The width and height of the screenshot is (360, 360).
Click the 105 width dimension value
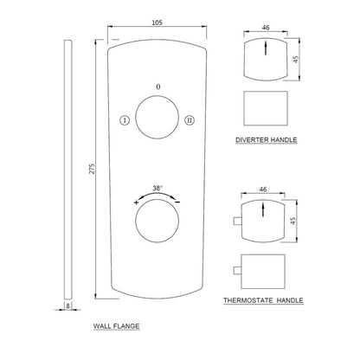[157, 22]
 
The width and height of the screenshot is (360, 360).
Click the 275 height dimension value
[92, 169]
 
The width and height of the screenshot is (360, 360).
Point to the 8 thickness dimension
[67, 305]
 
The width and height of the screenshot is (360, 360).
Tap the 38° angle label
[157, 188]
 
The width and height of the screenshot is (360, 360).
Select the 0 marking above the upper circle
[157, 87]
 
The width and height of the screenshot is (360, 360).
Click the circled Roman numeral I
[125, 120]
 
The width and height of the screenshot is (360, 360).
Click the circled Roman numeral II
[190, 120]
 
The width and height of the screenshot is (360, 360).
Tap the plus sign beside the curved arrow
[137, 202]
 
